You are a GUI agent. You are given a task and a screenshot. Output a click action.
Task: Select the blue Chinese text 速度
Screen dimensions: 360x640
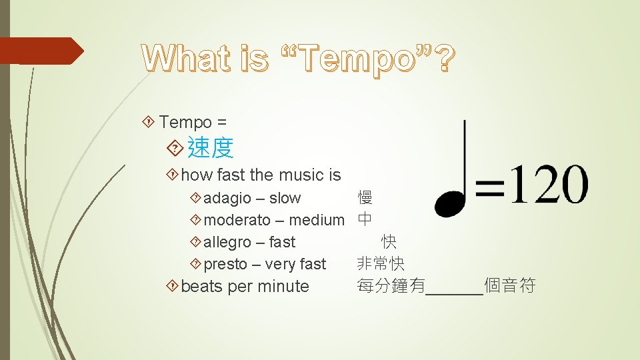click(x=211, y=147)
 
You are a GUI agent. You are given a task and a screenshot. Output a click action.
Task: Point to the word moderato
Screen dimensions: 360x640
click(x=237, y=220)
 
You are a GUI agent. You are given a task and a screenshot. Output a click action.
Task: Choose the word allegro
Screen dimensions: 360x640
click(x=227, y=242)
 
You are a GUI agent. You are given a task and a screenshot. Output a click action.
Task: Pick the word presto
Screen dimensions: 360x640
click(x=225, y=264)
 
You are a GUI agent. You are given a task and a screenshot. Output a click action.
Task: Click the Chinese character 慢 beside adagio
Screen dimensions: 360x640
click(x=365, y=198)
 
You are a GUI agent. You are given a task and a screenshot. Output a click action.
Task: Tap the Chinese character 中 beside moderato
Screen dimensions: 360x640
click(x=365, y=219)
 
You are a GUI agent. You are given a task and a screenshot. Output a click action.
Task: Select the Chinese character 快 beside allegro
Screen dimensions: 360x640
click(x=389, y=241)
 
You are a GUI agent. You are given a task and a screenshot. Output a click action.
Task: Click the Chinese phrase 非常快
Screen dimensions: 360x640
click(x=381, y=263)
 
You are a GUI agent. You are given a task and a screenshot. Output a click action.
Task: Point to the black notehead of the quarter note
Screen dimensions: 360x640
click(x=449, y=203)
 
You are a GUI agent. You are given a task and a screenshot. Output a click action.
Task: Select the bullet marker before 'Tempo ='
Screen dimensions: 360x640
click(x=149, y=122)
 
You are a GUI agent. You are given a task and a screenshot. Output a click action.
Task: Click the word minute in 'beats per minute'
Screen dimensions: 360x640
click(x=283, y=287)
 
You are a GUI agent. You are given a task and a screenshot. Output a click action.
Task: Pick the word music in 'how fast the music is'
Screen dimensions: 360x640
click(x=303, y=175)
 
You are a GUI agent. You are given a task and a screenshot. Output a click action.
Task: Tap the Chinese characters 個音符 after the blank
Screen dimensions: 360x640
click(x=510, y=286)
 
